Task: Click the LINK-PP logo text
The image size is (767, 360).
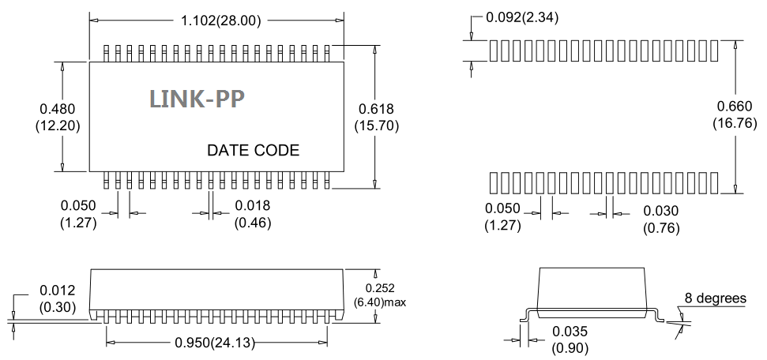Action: point(197,99)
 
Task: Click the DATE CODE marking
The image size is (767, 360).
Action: point(253,150)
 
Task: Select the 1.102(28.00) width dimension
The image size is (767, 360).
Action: point(221,21)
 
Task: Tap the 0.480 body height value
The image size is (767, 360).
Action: point(58,109)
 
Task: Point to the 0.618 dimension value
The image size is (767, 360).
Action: point(376,109)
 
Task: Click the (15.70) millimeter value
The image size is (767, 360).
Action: point(376,126)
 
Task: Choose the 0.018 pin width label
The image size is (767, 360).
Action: point(253,205)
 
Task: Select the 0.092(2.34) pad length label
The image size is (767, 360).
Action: point(522,17)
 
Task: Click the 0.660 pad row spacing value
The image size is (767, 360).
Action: point(735,106)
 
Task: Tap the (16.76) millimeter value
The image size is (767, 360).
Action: point(735,123)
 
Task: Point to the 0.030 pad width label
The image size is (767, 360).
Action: point(661,211)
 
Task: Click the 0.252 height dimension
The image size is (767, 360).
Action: point(380,289)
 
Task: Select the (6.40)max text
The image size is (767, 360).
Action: point(380,302)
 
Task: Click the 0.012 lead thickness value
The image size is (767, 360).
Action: point(57,291)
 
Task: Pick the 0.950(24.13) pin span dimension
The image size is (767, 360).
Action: point(215,343)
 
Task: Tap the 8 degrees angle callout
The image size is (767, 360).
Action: point(716,298)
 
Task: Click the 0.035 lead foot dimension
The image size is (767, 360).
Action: point(570,332)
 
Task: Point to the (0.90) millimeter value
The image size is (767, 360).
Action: point(570,348)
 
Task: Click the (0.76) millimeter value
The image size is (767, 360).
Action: point(661,228)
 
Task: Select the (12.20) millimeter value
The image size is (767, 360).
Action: point(58,126)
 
